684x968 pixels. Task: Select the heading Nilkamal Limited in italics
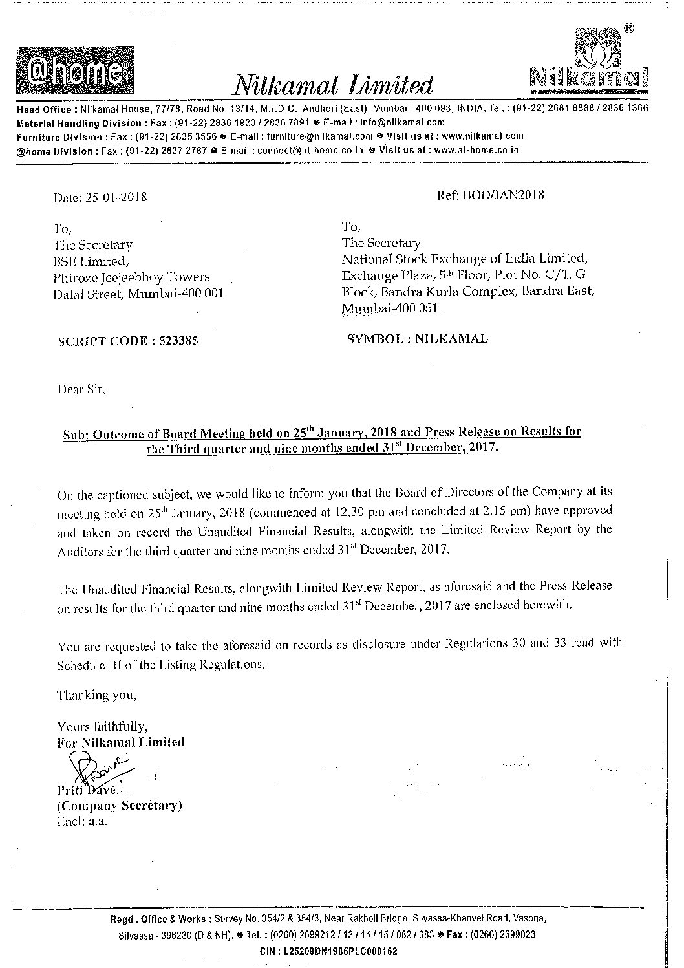[x=332, y=85]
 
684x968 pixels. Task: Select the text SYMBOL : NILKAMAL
[x=418, y=338]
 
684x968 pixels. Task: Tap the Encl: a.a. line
[x=81, y=821]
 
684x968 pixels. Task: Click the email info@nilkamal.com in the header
[x=411, y=122]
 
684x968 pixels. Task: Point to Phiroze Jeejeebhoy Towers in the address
[x=133, y=277]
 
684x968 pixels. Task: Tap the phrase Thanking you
[x=97, y=696]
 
